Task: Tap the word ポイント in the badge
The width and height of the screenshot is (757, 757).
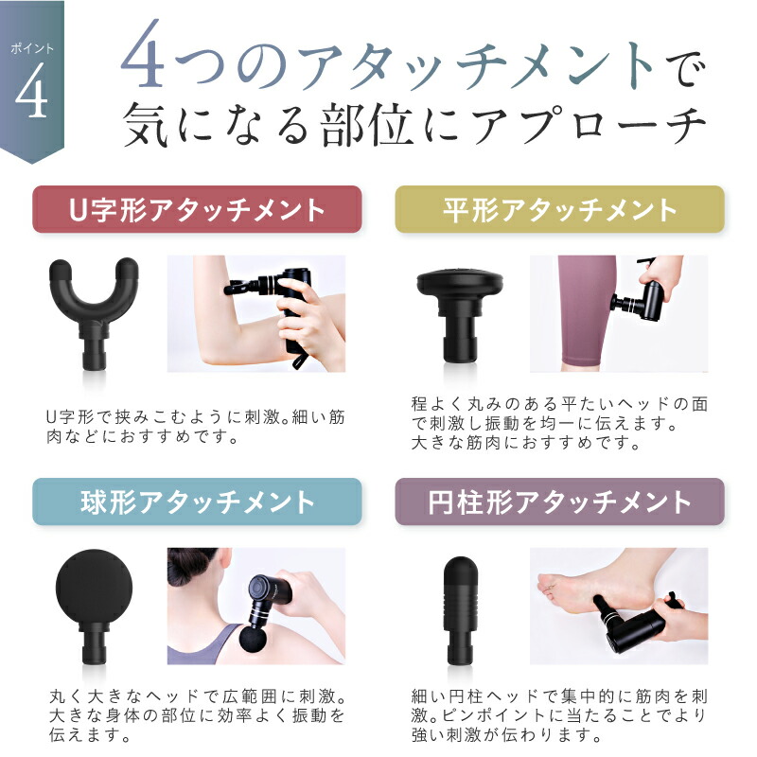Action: [32, 48]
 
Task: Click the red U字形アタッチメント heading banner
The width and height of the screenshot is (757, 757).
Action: [197, 209]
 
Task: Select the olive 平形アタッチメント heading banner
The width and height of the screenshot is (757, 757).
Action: [559, 209]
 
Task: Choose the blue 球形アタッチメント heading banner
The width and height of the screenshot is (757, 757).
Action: [197, 502]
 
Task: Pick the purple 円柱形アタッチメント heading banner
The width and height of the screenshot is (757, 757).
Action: [559, 502]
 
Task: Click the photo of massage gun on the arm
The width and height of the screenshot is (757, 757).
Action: [256, 313]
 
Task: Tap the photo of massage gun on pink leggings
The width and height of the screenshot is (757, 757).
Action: [619, 313]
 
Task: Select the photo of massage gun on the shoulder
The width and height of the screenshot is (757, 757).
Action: [256, 607]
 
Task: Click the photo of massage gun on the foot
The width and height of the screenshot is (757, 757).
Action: [619, 607]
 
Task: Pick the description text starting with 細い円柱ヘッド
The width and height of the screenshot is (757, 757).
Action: [559, 717]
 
